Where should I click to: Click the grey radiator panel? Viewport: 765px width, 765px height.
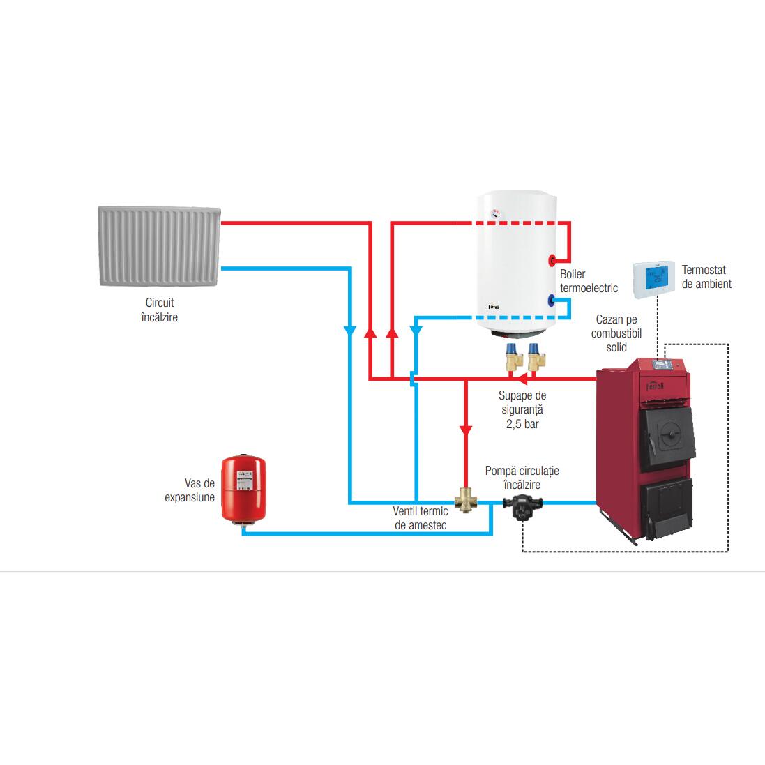pyautogui.click(x=160, y=245)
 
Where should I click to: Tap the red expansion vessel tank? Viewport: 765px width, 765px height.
pyautogui.click(x=243, y=490)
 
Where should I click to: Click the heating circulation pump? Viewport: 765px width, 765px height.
pyautogui.click(x=522, y=507)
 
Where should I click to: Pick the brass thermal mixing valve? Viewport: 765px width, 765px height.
pyautogui.click(x=465, y=501)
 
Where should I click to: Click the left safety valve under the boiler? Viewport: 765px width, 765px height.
pyautogui.click(x=514, y=357)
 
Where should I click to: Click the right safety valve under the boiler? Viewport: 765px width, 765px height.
pyautogui.click(x=536, y=357)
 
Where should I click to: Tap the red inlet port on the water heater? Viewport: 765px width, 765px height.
pyautogui.click(x=552, y=259)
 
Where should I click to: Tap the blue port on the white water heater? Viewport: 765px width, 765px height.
pyautogui.click(x=552, y=300)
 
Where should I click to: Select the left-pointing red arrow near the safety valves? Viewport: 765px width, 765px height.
pyautogui.click(x=522, y=378)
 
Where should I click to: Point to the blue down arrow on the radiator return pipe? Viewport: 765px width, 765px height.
pyautogui.click(x=350, y=331)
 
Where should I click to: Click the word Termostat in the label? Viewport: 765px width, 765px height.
pyautogui.click(x=704, y=270)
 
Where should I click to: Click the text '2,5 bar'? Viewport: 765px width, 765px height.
pyautogui.click(x=522, y=424)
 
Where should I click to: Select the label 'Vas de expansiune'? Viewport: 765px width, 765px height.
pyautogui.click(x=189, y=490)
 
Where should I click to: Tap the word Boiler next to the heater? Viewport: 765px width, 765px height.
pyautogui.click(x=573, y=274)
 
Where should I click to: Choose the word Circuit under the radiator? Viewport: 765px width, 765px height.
pyautogui.click(x=160, y=303)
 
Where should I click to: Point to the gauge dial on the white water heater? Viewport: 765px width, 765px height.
pyautogui.click(x=496, y=213)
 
